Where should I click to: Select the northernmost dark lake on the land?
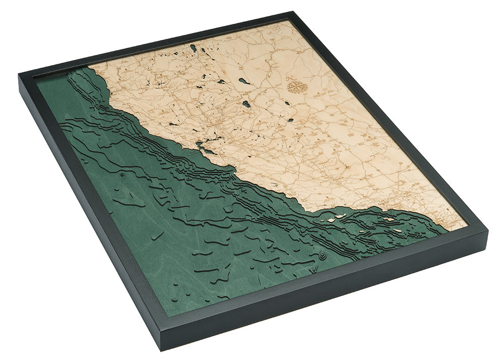(193, 48)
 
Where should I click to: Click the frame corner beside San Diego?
(487, 232)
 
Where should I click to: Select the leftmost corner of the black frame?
(19, 76)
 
